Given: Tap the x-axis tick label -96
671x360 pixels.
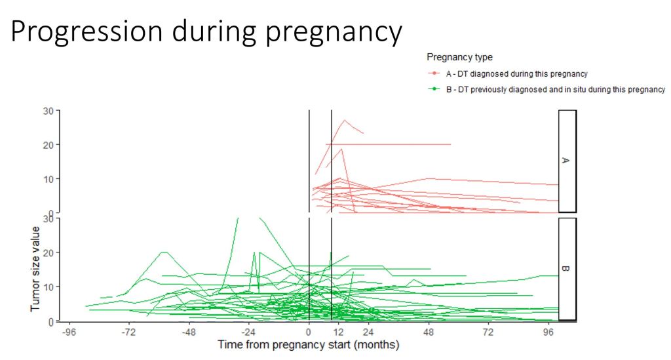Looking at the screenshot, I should (69, 332).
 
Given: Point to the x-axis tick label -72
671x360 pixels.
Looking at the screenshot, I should (129, 332).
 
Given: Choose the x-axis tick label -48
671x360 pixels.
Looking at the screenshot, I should (189, 332).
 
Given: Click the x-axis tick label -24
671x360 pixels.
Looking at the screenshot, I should (248, 332).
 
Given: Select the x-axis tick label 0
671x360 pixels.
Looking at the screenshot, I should (309, 332).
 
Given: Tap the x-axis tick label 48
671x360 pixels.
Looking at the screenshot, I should (429, 332).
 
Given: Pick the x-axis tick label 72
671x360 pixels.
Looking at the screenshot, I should (489, 332).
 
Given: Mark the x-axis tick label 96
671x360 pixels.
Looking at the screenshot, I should (549, 332).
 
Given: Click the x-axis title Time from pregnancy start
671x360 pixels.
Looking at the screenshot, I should (308, 344).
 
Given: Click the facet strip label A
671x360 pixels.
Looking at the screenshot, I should (567, 161).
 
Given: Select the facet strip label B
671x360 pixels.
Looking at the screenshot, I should (567, 268).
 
